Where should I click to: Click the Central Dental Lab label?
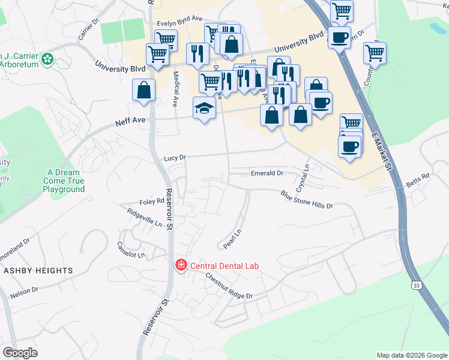pyautogui.click(x=225, y=265)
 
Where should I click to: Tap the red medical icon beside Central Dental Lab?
pyautogui.click(x=180, y=265)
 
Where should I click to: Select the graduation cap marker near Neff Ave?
pyautogui.click(x=204, y=109)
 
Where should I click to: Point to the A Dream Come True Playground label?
pyautogui.click(x=64, y=181)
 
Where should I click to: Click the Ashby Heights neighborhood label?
pyautogui.click(x=38, y=271)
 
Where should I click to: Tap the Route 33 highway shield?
pyautogui.click(x=416, y=286)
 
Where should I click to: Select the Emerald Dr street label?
pyautogui.click(x=267, y=173)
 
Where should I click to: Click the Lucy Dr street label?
pyautogui.click(x=175, y=158)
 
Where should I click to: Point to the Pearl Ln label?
pyautogui.click(x=232, y=239)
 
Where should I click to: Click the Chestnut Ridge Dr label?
pyautogui.click(x=229, y=287)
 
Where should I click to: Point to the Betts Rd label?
pyautogui.click(x=418, y=179)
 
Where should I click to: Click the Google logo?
pyautogui.click(x=20, y=353)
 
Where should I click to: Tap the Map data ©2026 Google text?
pyautogui.click(x=412, y=355)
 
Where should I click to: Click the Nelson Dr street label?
pyautogui.click(x=24, y=293)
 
